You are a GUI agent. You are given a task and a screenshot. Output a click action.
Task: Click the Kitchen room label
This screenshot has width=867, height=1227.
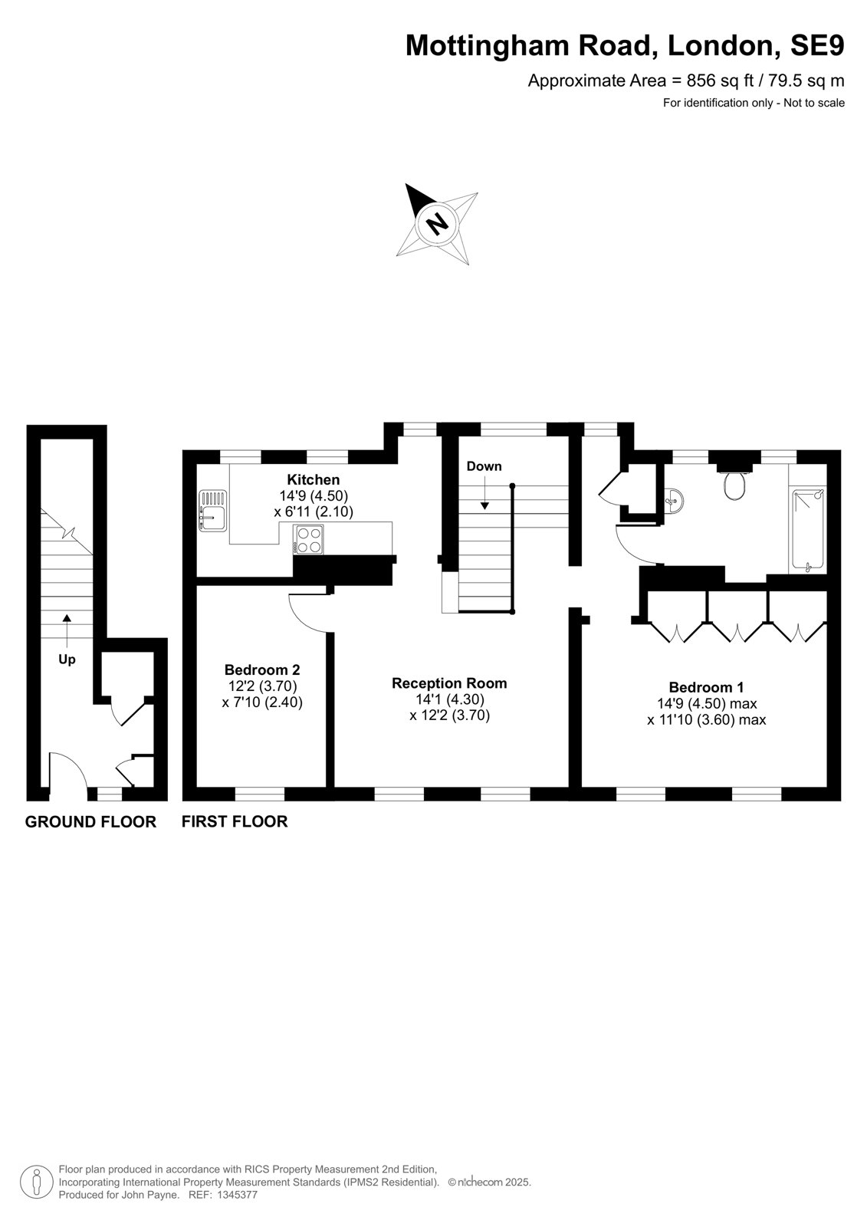click(314, 480)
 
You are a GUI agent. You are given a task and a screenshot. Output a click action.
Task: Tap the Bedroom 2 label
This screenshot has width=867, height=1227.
click(262, 669)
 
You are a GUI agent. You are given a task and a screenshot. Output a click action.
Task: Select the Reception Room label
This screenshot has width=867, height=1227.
click(449, 683)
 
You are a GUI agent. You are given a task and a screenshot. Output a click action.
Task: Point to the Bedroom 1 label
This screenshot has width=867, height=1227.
click(707, 687)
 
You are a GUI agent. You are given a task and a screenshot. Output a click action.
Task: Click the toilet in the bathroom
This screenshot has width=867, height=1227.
click(734, 483)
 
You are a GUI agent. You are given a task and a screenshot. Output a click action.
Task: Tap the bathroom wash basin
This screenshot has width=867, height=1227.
click(674, 500)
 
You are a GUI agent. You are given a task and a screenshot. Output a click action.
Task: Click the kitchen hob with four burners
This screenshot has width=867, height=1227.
click(308, 540)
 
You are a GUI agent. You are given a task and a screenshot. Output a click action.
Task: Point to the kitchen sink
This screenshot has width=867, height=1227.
click(212, 510)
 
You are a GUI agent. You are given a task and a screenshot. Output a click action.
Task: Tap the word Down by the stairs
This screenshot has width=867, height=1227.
click(484, 466)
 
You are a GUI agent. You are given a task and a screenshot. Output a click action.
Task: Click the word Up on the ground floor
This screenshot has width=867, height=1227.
click(67, 660)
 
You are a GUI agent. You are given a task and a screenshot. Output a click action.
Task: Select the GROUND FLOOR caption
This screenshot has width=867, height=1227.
click(91, 821)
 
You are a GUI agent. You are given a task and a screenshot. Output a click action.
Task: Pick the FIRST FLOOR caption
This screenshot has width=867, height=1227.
click(235, 821)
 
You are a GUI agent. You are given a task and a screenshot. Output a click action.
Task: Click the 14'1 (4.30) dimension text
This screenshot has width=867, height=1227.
click(450, 699)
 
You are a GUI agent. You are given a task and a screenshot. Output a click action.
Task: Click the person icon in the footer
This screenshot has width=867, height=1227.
click(37, 1183)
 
